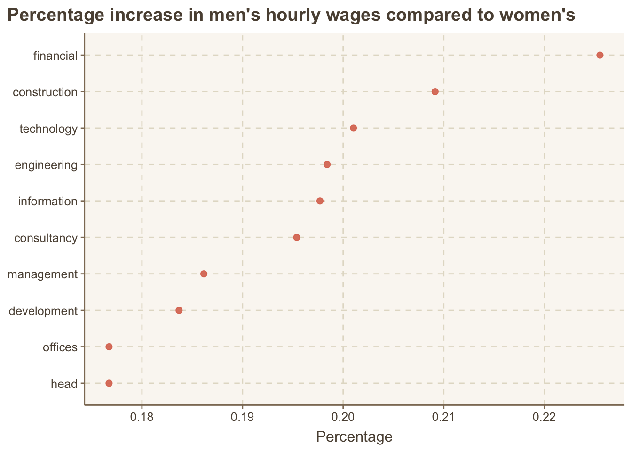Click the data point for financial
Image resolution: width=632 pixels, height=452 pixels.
pyautogui.click(x=600, y=55)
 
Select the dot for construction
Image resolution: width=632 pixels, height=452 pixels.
pyautogui.click(x=435, y=91)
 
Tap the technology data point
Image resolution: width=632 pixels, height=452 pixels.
pyautogui.click(x=354, y=128)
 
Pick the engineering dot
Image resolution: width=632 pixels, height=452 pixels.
pyautogui.click(x=327, y=164)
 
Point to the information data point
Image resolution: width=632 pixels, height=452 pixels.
pyautogui.click(x=320, y=201)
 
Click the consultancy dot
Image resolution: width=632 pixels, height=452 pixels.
pyautogui.click(x=297, y=237)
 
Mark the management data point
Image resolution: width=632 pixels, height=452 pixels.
pyautogui.click(x=204, y=274)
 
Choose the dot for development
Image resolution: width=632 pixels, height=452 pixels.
pyautogui.click(x=179, y=310)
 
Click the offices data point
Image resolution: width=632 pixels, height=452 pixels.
pyautogui.click(x=109, y=347)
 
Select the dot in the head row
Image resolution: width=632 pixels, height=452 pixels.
pyautogui.click(x=109, y=383)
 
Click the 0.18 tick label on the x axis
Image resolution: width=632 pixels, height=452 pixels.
pyautogui.click(x=142, y=417)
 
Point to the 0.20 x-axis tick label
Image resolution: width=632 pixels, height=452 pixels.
pyautogui.click(x=343, y=417)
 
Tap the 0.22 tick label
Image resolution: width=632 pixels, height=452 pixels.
pyautogui.click(x=544, y=417)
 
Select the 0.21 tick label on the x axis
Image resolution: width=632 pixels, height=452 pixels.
pyautogui.click(x=443, y=417)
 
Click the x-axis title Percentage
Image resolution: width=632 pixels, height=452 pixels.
pyautogui.click(x=354, y=437)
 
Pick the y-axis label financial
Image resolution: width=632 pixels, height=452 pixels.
pyautogui.click(x=55, y=56)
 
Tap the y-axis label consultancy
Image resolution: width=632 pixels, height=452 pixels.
pyautogui.click(x=46, y=238)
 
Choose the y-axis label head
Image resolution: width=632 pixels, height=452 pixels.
pyautogui.click(x=64, y=384)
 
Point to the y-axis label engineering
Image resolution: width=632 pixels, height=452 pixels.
pyautogui.click(x=46, y=165)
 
